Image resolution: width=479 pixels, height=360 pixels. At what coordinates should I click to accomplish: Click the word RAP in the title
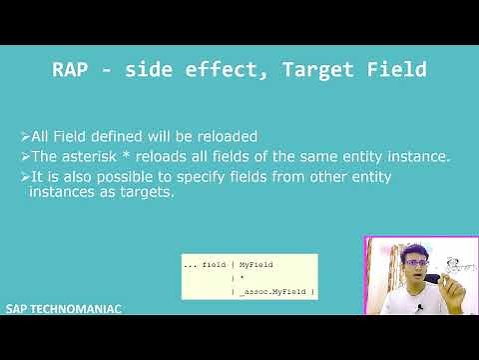74,70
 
